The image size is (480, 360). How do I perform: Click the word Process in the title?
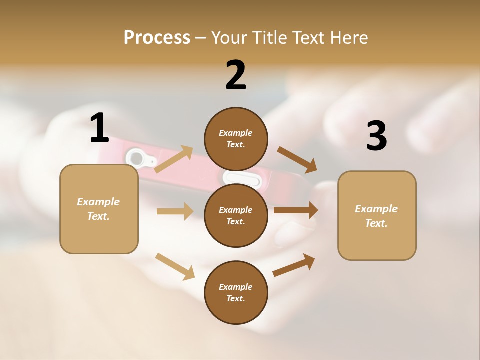157,38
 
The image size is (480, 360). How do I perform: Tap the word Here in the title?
349,38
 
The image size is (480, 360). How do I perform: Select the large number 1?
99,128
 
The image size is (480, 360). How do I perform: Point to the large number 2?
236,75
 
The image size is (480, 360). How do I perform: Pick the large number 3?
376,136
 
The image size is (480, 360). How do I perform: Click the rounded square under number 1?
99,209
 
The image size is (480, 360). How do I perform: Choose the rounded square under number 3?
377,216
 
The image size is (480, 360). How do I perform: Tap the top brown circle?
236,139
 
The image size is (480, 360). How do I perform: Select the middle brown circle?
236,215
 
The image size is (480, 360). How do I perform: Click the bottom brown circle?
236,292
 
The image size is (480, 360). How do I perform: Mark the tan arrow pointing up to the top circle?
174,159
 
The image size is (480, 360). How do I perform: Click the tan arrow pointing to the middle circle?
175,211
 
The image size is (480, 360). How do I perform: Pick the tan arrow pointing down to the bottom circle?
175,266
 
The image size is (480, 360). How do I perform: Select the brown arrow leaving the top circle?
297,159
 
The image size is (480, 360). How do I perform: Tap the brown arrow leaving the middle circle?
296,210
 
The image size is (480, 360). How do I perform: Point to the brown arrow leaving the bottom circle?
294,265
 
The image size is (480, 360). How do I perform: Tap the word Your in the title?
230,38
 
